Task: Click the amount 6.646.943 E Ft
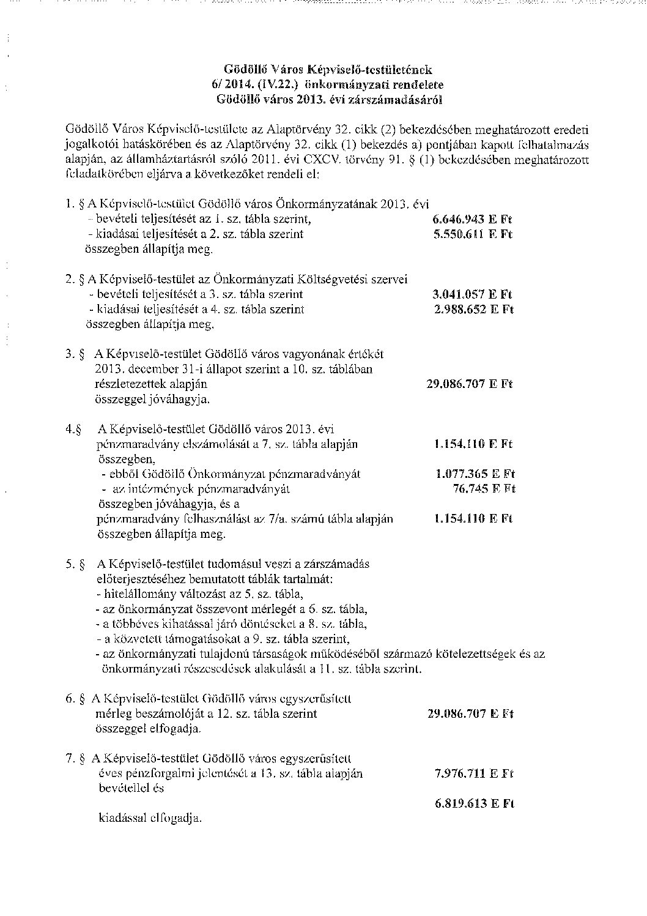(472, 220)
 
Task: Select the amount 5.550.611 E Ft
(472, 234)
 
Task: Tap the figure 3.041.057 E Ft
(472, 294)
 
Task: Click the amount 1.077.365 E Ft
(475, 474)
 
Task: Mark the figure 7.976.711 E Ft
(473, 774)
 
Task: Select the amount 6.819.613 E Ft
(474, 804)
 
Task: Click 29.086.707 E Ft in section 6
(470, 714)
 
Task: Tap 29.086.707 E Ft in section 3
(469, 384)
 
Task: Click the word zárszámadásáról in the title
(400, 99)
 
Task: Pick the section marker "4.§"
(74, 429)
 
